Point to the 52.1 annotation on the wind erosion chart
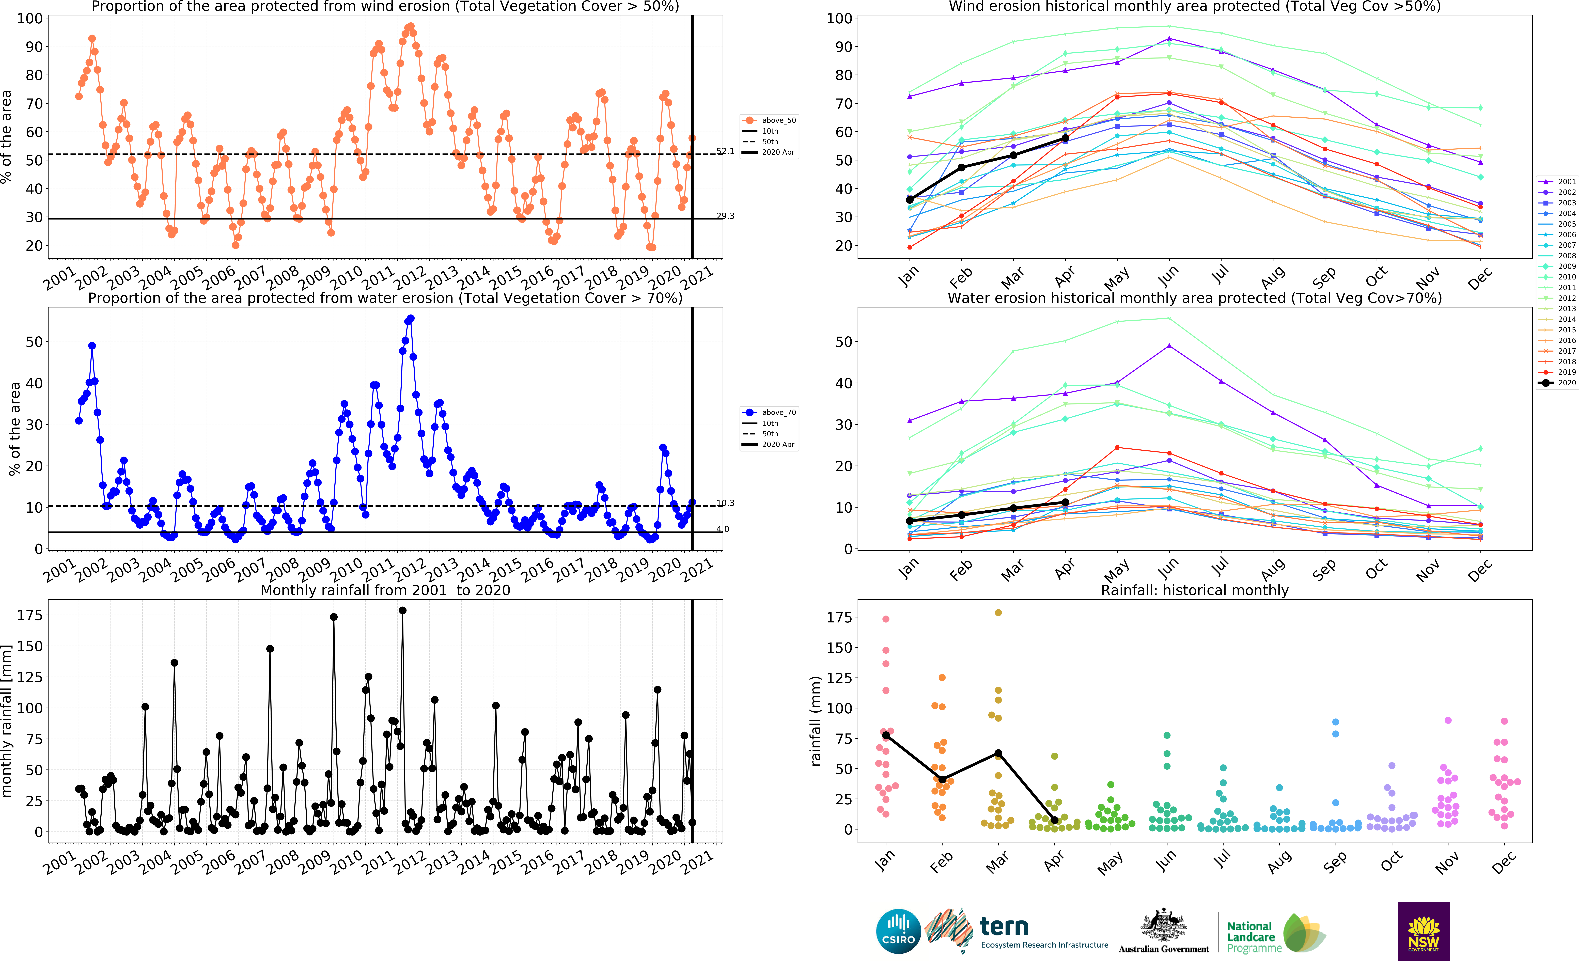click(x=725, y=151)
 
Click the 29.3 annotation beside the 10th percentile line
click(x=725, y=216)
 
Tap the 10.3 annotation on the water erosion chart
click(x=725, y=503)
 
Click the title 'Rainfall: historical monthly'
click(x=1195, y=590)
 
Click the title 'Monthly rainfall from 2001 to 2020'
click(x=385, y=590)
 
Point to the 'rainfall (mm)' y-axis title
click(x=816, y=721)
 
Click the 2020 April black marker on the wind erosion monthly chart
click(x=1065, y=138)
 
